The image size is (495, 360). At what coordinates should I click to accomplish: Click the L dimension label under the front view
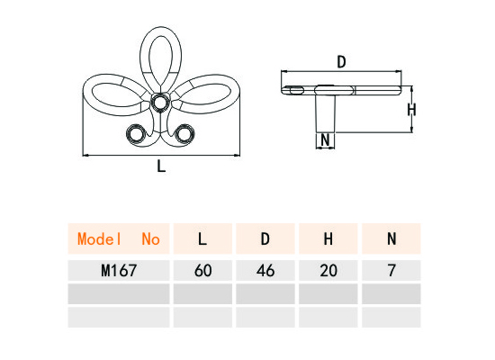(161, 166)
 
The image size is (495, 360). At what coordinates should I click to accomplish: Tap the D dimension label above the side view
(342, 62)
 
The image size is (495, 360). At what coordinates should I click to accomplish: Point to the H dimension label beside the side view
(411, 110)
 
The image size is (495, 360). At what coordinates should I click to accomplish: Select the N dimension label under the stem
(325, 139)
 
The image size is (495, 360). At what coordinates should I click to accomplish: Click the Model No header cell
(119, 239)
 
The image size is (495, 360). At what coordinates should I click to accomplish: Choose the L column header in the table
(202, 239)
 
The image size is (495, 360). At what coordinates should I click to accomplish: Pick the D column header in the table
(265, 239)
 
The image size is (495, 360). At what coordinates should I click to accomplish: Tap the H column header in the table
(328, 239)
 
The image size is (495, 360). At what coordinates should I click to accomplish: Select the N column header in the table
(391, 239)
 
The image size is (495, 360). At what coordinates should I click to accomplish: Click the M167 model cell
(119, 271)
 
